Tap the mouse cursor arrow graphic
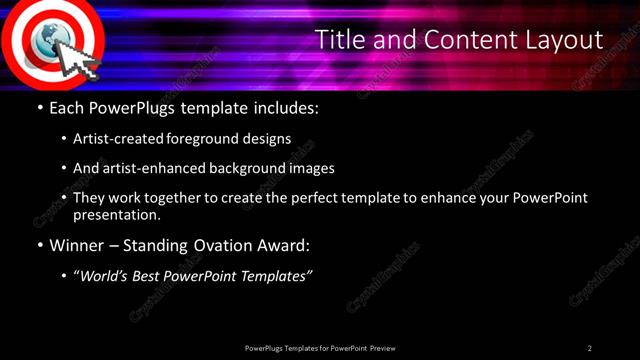click(x=79, y=62)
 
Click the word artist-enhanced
click(x=149, y=169)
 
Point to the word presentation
click(x=116, y=214)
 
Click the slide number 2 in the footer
click(x=589, y=348)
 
